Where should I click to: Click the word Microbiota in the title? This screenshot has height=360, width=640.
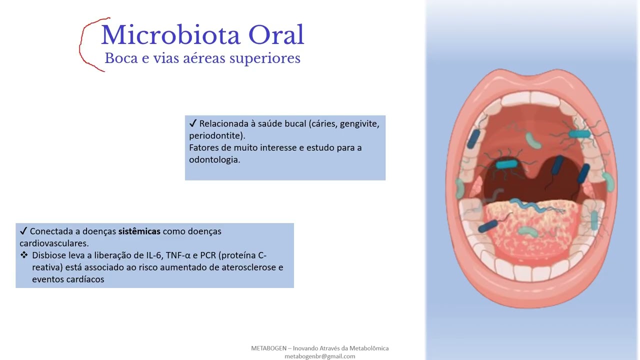[170, 35]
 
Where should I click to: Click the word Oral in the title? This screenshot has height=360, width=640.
[276, 35]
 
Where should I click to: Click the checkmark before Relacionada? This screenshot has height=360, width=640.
[193, 123]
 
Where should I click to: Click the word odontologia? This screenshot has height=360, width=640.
[214, 159]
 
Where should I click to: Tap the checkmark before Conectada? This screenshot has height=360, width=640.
[23, 231]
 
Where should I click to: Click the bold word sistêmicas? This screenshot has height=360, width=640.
[139, 231]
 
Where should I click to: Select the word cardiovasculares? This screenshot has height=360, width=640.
[53, 243]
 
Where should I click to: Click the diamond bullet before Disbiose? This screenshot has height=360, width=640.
[24, 255]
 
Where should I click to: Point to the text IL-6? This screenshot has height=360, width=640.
[154, 255]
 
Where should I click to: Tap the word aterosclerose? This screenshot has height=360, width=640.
[247, 267]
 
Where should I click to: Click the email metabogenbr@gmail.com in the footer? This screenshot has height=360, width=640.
[320, 356]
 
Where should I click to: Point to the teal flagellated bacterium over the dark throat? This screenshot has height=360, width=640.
[506, 164]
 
